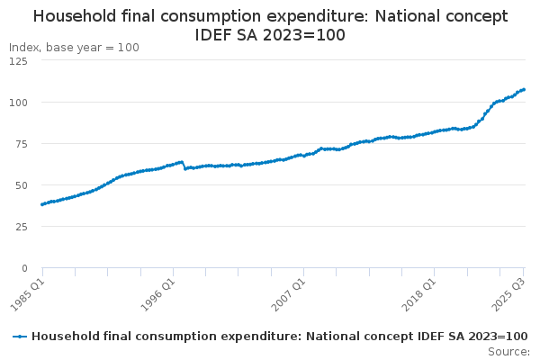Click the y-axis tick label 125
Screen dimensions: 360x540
point(17,61)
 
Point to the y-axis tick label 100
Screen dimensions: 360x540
point(17,103)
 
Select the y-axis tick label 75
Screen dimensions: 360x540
point(20,144)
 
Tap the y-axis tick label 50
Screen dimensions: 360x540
point(20,185)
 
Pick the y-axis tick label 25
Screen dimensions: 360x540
point(20,227)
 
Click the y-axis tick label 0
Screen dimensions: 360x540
point(23,268)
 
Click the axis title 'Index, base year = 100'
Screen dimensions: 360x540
point(74,48)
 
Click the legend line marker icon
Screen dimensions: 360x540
point(20,336)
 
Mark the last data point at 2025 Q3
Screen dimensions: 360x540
point(525,89)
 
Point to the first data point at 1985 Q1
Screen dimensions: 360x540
point(42,204)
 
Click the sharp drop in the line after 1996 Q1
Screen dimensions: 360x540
point(184,166)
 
